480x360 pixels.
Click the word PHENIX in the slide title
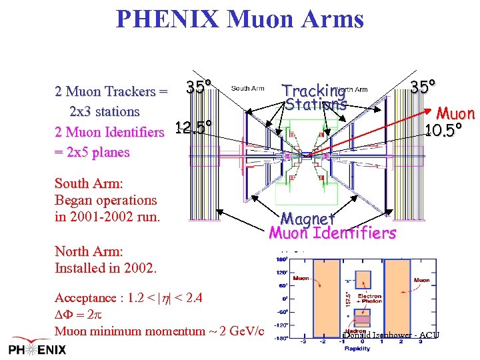coord(167,19)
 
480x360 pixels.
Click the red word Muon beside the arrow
coord(455,114)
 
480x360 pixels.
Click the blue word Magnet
coord(307,218)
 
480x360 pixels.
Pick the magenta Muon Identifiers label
coord(332,233)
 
